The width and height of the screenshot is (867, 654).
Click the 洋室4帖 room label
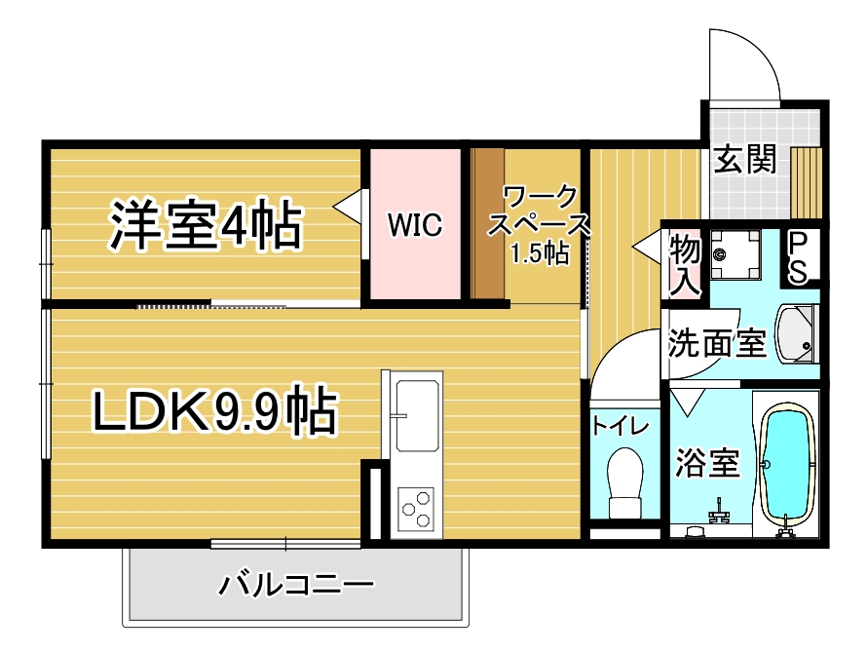pyautogui.click(x=206, y=226)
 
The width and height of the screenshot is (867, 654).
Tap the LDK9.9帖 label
pyautogui.click(x=214, y=410)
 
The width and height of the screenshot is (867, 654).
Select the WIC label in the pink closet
pyautogui.click(x=415, y=224)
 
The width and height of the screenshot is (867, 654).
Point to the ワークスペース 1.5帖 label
pyautogui.click(x=539, y=225)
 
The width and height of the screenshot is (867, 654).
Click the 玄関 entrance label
pyautogui.click(x=745, y=159)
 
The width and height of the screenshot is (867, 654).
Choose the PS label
pyautogui.click(x=797, y=257)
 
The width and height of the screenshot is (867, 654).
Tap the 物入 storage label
pyautogui.click(x=685, y=265)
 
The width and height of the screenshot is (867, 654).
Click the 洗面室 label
pyautogui.click(x=717, y=343)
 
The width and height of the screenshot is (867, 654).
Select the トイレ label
pyautogui.click(x=620, y=426)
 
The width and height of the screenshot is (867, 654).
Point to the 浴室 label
pyautogui.click(x=708, y=463)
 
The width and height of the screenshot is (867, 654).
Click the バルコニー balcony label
pyautogui.click(x=297, y=585)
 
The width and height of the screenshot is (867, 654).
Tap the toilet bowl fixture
pyautogui.click(x=625, y=482)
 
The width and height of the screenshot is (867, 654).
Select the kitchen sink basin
pyautogui.click(x=418, y=415)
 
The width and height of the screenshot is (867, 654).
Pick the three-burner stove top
pyautogui.click(x=416, y=509)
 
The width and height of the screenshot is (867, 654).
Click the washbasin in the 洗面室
pyautogui.click(x=796, y=334)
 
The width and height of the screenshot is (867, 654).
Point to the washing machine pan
pyautogui.click(x=735, y=255)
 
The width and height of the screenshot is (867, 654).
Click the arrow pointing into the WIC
pyautogui.click(x=347, y=207)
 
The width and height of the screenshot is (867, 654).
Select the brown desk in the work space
pyautogui.click(x=488, y=223)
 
